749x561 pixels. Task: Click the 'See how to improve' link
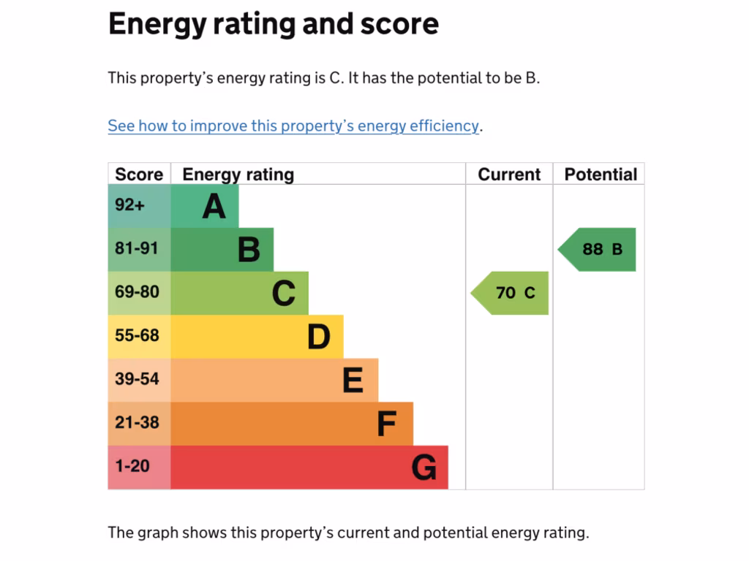tap(293, 126)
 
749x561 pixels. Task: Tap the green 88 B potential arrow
tap(598, 249)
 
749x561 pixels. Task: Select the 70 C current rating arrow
tap(511, 293)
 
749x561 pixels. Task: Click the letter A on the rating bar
tap(214, 206)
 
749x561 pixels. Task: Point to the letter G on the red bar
tap(424, 467)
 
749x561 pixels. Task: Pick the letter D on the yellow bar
tap(319, 337)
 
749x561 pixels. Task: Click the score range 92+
tap(130, 205)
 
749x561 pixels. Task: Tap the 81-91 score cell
tap(136, 248)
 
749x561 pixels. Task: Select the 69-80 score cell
tap(137, 292)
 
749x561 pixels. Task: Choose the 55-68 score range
tap(137, 336)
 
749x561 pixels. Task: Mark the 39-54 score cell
tap(137, 379)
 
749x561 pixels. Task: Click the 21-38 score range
tap(137, 423)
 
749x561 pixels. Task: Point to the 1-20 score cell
tap(132, 466)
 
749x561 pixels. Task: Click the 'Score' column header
tap(139, 175)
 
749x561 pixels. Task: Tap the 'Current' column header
tap(509, 175)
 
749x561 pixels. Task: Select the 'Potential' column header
tap(601, 175)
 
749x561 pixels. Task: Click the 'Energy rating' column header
tap(238, 175)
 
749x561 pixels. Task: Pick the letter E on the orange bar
tap(353, 381)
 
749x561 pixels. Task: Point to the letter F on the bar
tap(386, 424)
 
